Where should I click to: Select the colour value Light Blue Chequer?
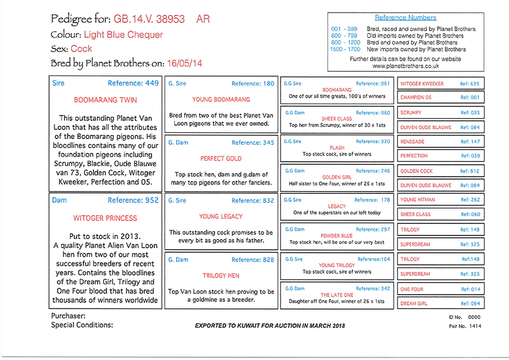[x=123, y=35]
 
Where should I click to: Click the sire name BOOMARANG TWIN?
[x=105, y=101]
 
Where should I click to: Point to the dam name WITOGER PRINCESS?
[x=105, y=218]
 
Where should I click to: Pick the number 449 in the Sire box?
[x=152, y=83]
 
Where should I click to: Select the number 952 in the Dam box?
[x=152, y=201]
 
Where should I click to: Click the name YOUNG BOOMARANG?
[x=222, y=99]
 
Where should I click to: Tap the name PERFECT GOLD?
[x=222, y=158]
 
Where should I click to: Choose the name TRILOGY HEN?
[x=222, y=276]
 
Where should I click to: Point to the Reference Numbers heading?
[x=405, y=18]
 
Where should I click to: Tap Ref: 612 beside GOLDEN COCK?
[x=470, y=171]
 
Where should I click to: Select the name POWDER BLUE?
[x=337, y=235]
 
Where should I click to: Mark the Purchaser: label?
[x=68, y=315]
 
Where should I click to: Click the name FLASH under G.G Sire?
[x=337, y=147]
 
